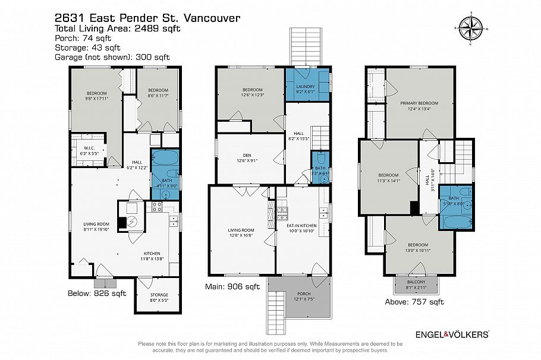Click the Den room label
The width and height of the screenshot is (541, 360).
tap(240, 157)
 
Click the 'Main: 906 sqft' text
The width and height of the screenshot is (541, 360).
tap(234, 287)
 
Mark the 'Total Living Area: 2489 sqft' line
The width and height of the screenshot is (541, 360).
tap(117, 29)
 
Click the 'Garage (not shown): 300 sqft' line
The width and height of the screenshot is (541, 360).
tap(112, 57)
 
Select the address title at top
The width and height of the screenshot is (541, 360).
tap(147, 18)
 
